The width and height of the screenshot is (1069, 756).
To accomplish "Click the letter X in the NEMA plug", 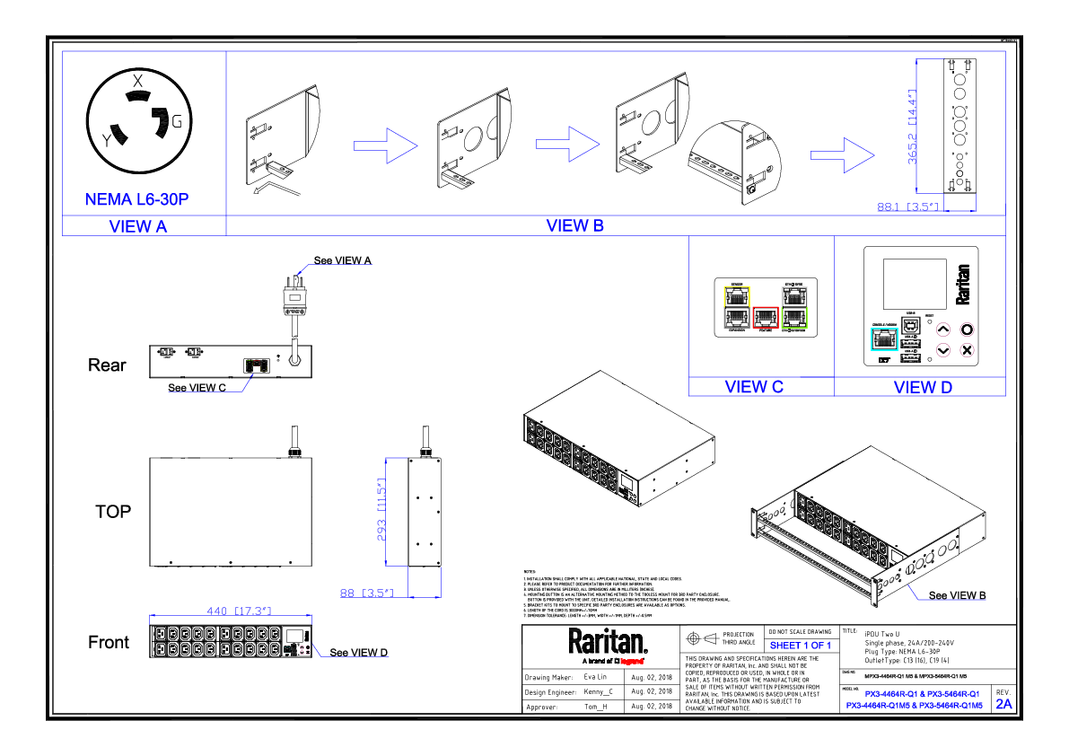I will click(137, 81).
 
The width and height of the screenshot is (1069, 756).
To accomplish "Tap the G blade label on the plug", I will click(177, 121).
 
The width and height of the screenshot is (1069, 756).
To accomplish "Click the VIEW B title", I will click(574, 225).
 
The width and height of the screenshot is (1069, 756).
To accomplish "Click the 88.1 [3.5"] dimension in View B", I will click(907, 207).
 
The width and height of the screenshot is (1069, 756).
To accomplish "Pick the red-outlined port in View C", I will click(764, 317).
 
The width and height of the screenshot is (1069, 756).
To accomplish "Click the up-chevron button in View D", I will click(943, 329).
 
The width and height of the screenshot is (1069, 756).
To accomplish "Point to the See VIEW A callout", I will click(342, 260).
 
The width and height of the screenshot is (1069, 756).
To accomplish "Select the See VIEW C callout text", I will click(197, 388).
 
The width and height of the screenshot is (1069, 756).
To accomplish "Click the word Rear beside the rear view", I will click(107, 365).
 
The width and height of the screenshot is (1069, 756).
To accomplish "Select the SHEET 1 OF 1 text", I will click(801, 646).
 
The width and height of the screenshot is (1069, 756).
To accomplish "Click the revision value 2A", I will click(1003, 705).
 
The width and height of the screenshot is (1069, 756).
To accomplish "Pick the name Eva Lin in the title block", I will click(595, 677).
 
